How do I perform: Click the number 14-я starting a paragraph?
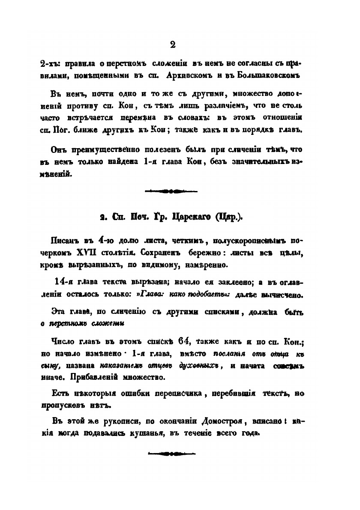(x=66, y=282)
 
